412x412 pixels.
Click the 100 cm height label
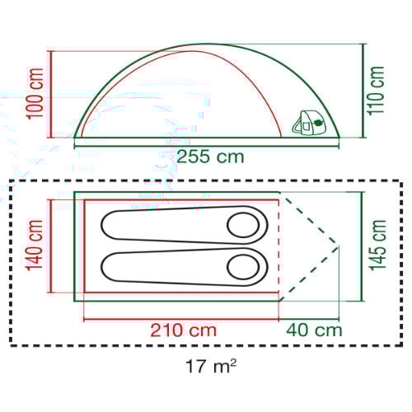click(34, 92)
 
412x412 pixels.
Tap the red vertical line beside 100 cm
click(52, 93)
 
